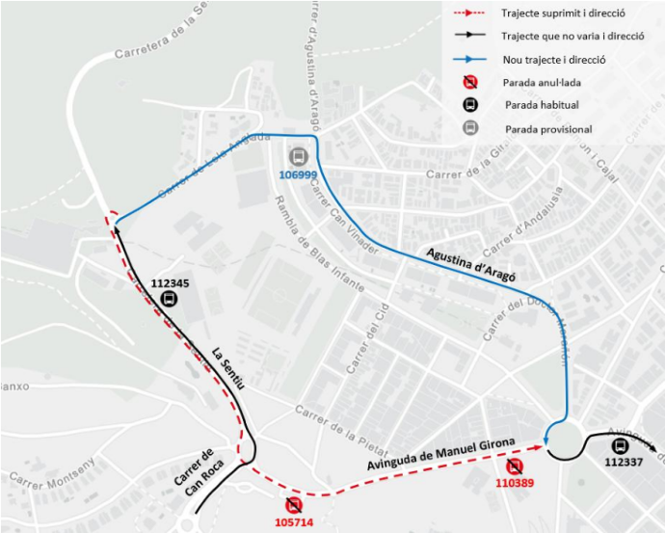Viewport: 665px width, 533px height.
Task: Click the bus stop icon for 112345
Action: point(169,299)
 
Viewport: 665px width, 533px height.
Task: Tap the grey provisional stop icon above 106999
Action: point(298,156)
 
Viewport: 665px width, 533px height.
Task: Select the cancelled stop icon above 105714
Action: point(294,504)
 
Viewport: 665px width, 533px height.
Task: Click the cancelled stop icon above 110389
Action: point(515,466)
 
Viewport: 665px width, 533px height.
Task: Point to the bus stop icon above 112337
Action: point(619,446)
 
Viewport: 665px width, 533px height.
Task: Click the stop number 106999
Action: point(298,174)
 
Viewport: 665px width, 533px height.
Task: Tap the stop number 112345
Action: point(171,283)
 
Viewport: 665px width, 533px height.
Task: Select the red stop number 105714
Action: point(294,521)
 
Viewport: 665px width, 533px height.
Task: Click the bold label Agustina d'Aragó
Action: point(469,262)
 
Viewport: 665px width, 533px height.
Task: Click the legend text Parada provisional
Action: point(547,128)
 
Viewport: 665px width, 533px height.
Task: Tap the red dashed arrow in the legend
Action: point(470,14)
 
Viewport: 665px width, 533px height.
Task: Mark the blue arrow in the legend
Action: point(470,59)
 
